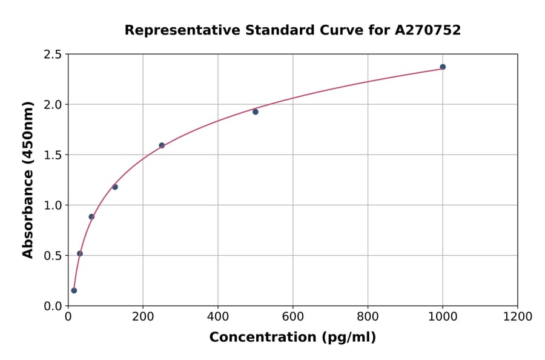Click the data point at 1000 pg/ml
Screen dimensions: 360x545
coord(443,67)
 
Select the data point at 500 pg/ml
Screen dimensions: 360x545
coord(256,112)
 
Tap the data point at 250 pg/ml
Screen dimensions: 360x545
coord(162,145)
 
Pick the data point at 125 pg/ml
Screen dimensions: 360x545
coord(115,187)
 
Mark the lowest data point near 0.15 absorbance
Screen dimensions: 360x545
coord(74,290)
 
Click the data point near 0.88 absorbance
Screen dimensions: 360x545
coord(91,216)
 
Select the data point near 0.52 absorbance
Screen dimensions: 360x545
coord(80,253)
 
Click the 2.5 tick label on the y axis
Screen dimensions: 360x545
coord(53,55)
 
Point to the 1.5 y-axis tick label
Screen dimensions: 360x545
coord(53,155)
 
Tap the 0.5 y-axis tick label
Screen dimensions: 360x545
coord(53,256)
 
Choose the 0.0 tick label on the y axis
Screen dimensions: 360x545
coord(53,306)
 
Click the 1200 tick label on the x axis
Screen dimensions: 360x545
coord(517,317)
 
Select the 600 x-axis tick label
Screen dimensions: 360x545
coord(292,317)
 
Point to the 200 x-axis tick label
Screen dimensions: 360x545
coord(143,317)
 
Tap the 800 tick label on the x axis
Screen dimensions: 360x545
coord(368,317)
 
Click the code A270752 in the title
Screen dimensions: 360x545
coord(428,30)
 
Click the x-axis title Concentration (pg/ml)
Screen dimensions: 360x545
coord(292,338)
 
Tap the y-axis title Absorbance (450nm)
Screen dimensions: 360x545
coord(28,179)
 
